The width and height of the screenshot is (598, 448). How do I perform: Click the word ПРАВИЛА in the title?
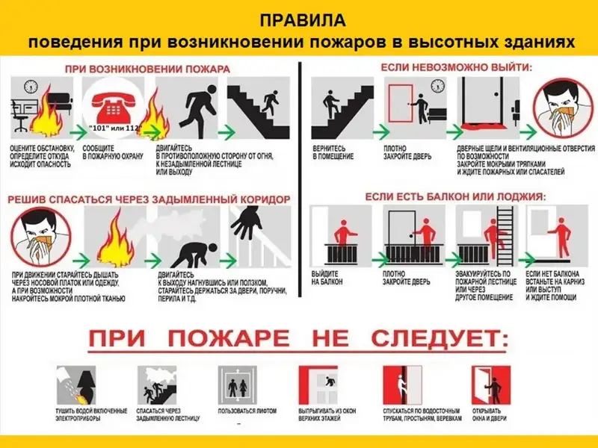click(x=298, y=18)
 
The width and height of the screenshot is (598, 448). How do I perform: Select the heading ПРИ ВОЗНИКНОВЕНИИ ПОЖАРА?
click(x=147, y=69)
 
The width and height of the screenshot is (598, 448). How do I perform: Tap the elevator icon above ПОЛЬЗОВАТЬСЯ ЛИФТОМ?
click(x=238, y=383)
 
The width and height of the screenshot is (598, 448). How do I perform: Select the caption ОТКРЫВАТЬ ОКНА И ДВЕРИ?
click(x=487, y=416)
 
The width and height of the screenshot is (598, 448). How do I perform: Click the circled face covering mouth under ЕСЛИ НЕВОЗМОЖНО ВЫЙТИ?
click(x=561, y=109)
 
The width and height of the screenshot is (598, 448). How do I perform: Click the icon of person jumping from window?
click(x=324, y=383)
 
